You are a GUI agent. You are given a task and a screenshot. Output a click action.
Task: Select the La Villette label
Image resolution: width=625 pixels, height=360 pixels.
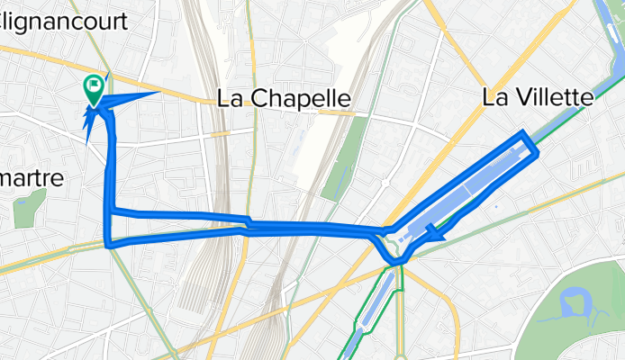538,97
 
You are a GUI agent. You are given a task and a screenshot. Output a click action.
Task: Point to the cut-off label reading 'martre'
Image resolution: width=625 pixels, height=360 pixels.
32,178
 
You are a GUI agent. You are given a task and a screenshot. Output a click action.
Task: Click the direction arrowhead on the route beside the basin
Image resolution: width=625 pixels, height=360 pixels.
437,234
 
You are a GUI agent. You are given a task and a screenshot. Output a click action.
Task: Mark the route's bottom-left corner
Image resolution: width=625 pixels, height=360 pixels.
108,244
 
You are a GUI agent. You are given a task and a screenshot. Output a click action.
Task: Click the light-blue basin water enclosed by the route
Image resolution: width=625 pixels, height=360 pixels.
468,190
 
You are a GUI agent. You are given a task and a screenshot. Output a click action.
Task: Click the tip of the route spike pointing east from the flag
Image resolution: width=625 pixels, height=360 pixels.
159,92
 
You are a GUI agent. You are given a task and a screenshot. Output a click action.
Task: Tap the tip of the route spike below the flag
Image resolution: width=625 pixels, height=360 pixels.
86,143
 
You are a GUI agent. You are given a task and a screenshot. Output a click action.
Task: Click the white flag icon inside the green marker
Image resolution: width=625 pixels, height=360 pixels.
94,86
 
